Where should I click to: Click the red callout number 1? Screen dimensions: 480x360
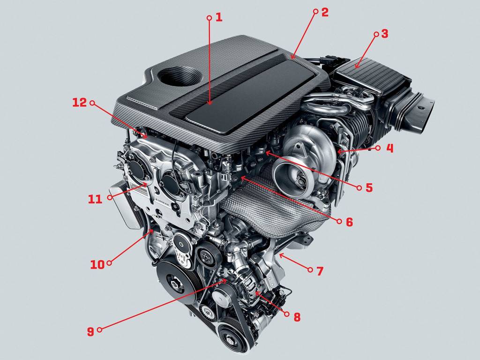[x=218, y=17]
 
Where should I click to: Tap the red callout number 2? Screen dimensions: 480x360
[x=324, y=12]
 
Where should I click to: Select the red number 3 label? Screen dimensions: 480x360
[x=384, y=34]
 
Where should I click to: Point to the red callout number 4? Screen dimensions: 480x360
[x=390, y=149]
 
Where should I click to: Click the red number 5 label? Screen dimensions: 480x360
[x=369, y=187]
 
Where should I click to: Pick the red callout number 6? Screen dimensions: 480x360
[x=349, y=222]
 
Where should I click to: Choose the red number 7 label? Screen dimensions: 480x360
[x=320, y=271]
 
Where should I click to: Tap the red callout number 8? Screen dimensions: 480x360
[x=297, y=317]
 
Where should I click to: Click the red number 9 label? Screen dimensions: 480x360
[x=90, y=331]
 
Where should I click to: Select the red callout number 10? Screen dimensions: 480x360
[x=97, y=264]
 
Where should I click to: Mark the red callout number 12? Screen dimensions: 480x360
[x=80, y=103]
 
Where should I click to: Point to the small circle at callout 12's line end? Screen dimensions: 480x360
[x=92, y=103]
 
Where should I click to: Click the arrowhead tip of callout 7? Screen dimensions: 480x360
[x=279, y=254]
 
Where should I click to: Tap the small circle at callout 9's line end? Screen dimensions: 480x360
[x=99, y=330]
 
